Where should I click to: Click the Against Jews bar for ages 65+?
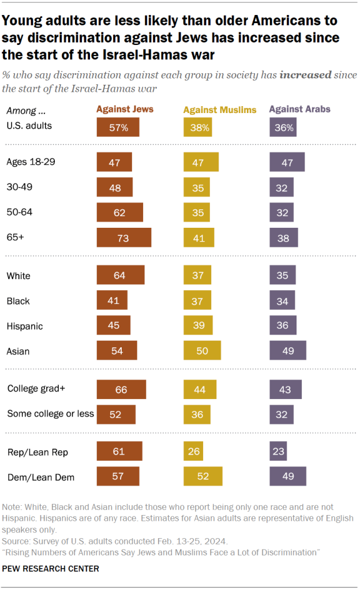pos(124,238)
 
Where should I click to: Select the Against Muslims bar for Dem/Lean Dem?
pos(202,476)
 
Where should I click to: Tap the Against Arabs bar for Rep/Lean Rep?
pos(278,452)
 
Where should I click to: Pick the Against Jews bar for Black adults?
pos(112,300)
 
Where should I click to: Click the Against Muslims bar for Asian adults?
pos(202,351)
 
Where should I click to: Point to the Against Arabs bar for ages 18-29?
pos(287,163)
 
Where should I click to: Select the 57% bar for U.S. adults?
pos(118,127)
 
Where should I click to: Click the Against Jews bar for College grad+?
pos(121,390)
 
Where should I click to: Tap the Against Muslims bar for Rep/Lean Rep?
pos(193,452)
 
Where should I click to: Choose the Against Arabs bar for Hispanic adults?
pos(283,326)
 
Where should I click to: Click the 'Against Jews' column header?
pos(125,109)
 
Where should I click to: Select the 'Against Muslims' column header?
pos(219,110)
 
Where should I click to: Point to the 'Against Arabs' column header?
pos(300,109)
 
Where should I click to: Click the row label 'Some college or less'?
pos(50,414)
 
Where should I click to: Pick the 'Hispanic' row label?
pos(24,326)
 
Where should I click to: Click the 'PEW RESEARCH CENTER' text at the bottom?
pos(51,569)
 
